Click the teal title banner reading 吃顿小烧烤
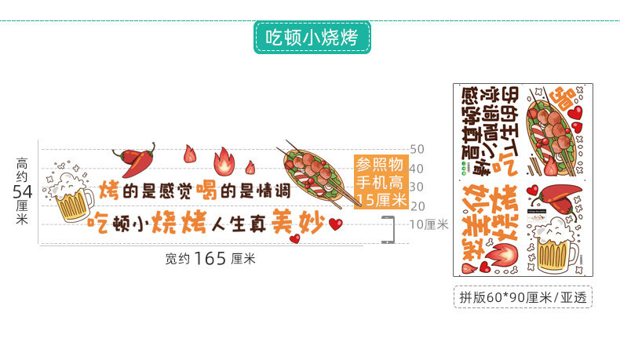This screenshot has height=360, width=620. pyautogui.click(x=312, y=37)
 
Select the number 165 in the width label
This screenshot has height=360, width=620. pyautogui.click(x=210, y=257)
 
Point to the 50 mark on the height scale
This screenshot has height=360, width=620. pyautogui.click(x=417, y=149)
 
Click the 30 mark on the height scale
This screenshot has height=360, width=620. pyautogui.click(x=417, y=187)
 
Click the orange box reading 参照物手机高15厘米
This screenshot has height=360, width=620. pyautogui.click(x=381, y=182)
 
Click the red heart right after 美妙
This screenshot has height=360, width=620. pyautogui.click(x=336, y=224)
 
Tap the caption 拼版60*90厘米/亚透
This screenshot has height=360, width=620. pyautogui.click(x=522, y=296)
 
